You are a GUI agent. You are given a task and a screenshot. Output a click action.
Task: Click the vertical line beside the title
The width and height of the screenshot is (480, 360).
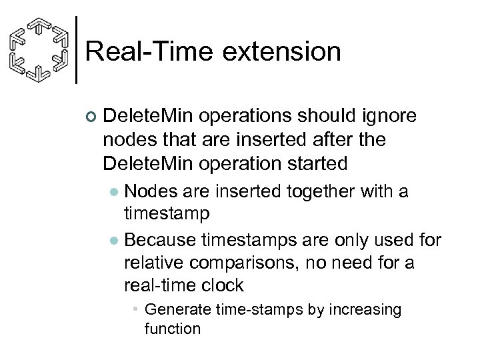pos(78,49)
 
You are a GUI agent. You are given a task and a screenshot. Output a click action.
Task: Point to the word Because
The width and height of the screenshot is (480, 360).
pos(162,239)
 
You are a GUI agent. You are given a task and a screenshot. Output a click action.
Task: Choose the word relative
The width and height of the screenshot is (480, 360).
pos(157,263)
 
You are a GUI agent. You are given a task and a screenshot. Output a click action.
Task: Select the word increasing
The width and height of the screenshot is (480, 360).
pos(364,310)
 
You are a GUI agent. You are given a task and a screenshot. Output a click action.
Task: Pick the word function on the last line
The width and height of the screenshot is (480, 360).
pos(172,329)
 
